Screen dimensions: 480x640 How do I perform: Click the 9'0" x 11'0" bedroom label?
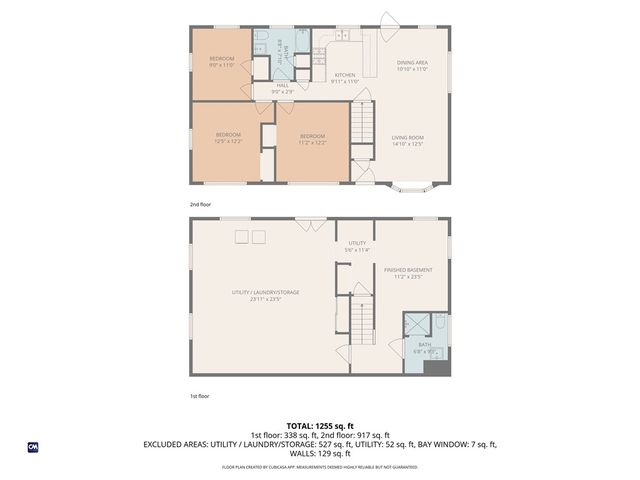[221, 62]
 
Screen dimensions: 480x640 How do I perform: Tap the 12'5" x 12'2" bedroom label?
[227, 139]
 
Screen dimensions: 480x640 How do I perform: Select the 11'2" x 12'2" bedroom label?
[311, 139]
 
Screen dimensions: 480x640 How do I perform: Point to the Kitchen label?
[345, 78]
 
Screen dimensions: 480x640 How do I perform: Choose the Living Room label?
[407, 140]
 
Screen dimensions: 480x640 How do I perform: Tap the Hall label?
[283, 88]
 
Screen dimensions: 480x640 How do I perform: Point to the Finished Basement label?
[408, 273]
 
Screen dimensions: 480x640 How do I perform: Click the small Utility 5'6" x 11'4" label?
[357, 246]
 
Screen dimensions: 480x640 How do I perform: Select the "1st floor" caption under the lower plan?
[199, 396]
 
